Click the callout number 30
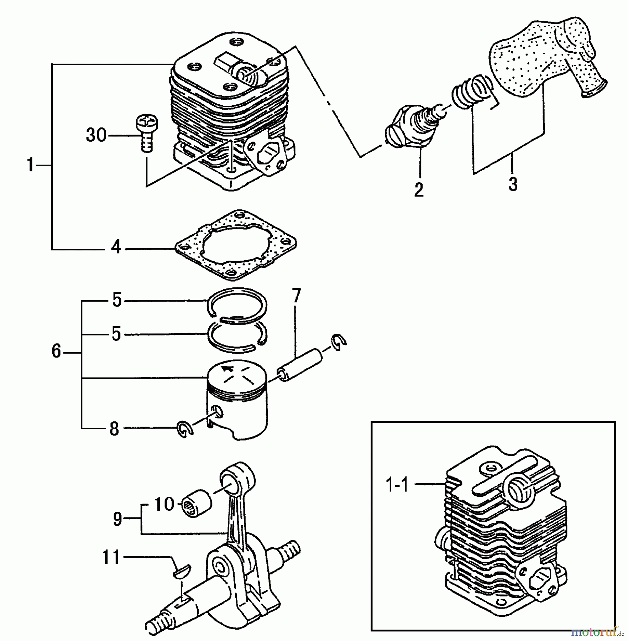96,136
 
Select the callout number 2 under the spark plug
419,189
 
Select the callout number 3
513,184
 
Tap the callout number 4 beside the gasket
116,247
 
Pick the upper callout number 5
117,301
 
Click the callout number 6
57,352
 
